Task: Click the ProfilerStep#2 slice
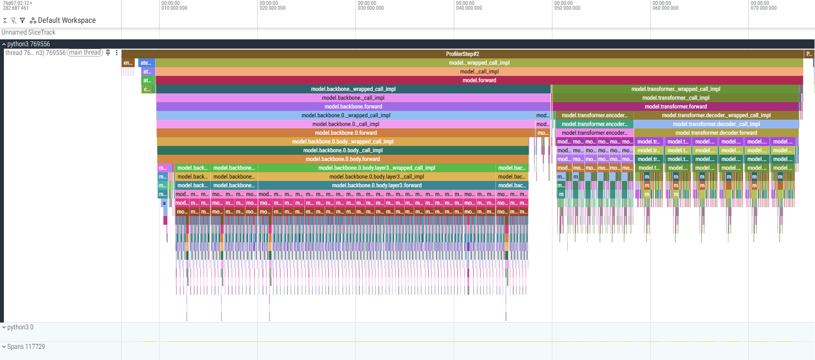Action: [462, 54]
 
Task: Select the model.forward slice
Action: [479, 80]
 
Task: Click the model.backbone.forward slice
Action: [353, 107]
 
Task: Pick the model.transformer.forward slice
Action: [675, 107]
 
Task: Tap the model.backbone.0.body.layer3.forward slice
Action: [376, 185]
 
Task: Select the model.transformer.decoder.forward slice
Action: [716, 133]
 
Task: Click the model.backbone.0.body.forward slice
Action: [342, 159]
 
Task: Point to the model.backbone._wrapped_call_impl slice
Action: [353, 89]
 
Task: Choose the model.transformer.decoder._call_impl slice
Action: [716, 124]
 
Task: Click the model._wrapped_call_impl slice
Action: [479, 63]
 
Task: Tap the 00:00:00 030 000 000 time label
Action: [371, 6]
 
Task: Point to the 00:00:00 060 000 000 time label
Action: [665, 6]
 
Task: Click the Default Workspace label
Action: [67, 20]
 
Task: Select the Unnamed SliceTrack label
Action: [28, 32]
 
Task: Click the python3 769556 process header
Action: [28, 44]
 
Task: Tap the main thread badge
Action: [85, 53]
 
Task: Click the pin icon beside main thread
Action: [108, 53]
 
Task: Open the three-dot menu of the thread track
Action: [117, 53]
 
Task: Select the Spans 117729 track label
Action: [26, 346]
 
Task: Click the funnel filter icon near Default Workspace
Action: [22, 20]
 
